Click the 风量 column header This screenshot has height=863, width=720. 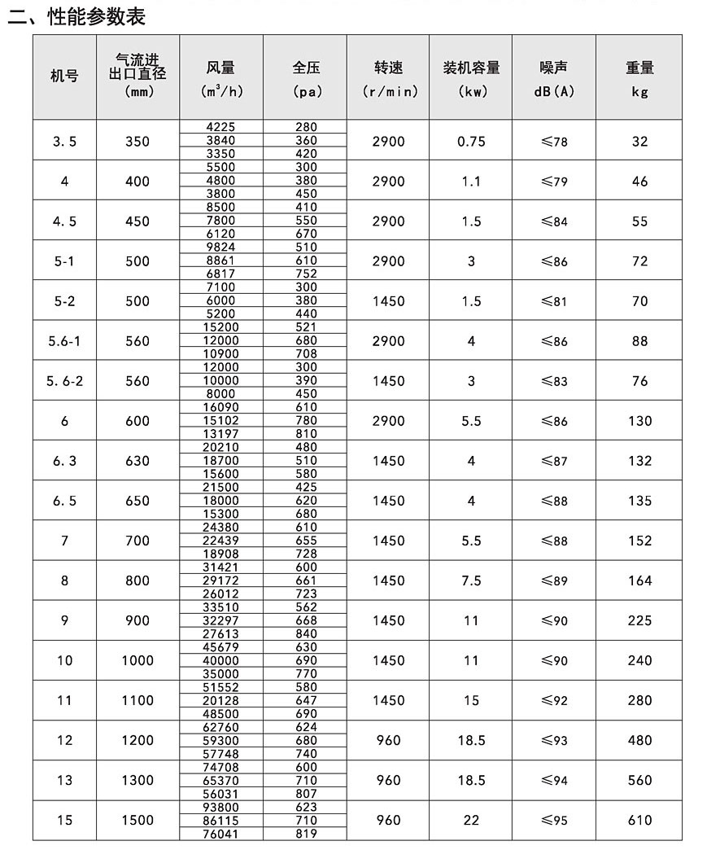click(221, 68)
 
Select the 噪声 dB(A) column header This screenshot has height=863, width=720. click(554, 79)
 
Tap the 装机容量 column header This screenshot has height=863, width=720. click(471, 68)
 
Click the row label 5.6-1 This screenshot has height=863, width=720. click(64, 341)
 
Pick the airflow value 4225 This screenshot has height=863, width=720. click(221, 127)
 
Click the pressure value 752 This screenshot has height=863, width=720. click(306, 274)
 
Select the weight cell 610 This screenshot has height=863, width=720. click(639, 820)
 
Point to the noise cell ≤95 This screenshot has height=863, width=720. click(554, 820)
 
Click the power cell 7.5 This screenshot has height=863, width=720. click(471, 580)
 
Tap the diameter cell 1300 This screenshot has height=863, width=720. click(137, 780)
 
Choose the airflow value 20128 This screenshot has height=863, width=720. click(221, 700)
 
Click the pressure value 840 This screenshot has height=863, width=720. click(306, 633)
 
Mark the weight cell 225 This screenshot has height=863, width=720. click(639, 620)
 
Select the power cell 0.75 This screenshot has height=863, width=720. click(471, 141)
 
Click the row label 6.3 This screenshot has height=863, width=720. click(64, 461)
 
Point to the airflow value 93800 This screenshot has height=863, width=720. click(221, 807)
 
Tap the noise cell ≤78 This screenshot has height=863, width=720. click(554, 142)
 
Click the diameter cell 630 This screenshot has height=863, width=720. click(137, 461)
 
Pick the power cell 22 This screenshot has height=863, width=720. click(471, 820)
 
